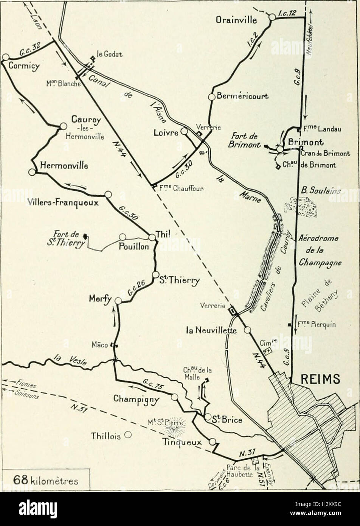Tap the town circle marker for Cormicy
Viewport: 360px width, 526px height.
5,57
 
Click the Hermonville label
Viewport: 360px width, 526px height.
64,165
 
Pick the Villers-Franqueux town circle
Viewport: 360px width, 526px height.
108,194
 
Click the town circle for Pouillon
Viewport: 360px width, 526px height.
123,237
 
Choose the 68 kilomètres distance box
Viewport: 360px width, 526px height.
45,481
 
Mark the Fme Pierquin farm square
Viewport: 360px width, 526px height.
289,324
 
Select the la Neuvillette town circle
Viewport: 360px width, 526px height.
247,330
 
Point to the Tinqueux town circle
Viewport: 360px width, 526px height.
213,442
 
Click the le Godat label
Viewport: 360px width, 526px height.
110,55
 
